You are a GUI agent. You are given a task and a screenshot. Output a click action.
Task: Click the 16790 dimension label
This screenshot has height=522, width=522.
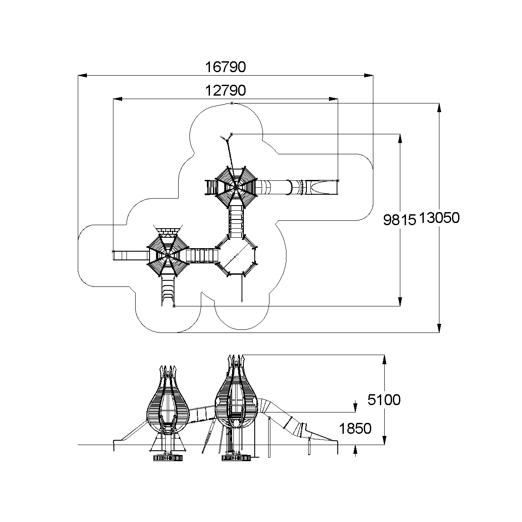click(226, 67)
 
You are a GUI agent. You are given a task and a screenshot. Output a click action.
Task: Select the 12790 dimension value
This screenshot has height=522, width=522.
click(226, 90)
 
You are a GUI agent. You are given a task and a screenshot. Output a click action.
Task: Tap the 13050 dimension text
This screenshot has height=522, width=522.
click(440, 218)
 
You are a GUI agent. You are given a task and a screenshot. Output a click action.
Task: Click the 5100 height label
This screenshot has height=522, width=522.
click(384, 399)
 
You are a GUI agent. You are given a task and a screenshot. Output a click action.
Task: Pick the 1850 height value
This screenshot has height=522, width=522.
click(356, 429)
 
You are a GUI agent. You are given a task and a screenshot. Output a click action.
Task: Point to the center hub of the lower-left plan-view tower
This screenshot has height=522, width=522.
click(167, 256)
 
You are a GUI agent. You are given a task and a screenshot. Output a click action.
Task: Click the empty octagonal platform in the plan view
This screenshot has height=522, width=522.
click(237, 256)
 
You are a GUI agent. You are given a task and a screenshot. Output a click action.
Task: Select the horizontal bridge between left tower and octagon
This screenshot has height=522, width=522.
click(202, 255)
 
